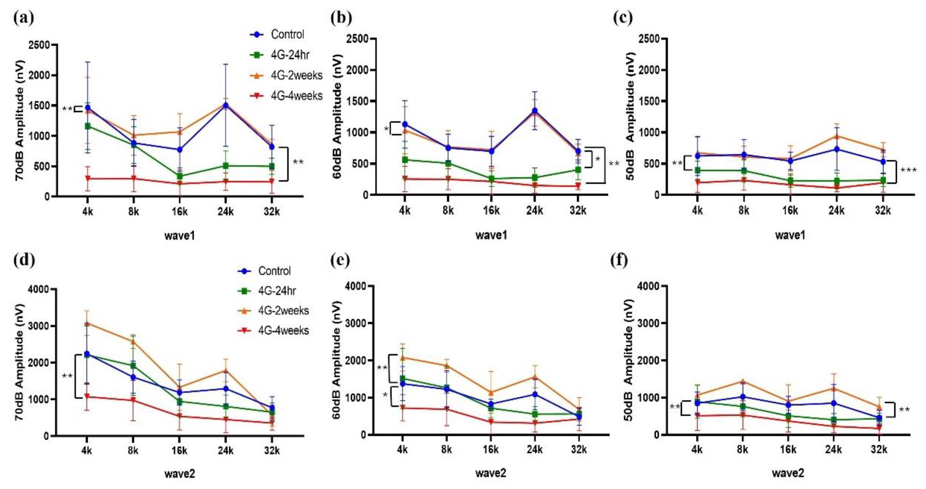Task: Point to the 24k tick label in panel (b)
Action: tap(535, 211)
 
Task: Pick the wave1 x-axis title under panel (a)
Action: tap(180, 236)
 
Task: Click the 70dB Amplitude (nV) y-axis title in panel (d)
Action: tap(20, 362)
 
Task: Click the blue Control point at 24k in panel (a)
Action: tap(226, 106)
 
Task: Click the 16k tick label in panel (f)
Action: tap(788, 449)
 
